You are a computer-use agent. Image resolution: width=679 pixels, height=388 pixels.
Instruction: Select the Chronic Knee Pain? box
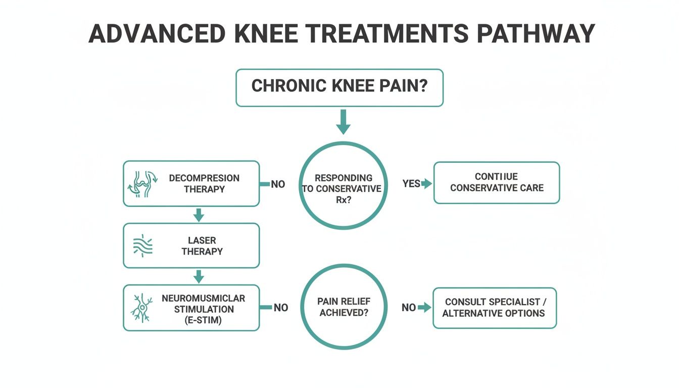[x=339, y=88]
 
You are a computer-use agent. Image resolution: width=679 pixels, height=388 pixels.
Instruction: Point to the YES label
[x=411, y=183]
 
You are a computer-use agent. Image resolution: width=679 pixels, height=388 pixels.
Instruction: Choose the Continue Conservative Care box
[x=497, y=183]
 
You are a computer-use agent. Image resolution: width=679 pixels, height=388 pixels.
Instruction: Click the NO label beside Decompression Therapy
[x=278, y=184]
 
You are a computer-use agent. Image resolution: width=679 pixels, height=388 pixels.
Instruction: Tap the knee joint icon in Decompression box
[x=144, y=184]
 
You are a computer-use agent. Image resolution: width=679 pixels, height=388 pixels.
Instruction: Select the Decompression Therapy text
[x=204, y=184]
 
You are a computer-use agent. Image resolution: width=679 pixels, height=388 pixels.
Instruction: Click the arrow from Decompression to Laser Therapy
[x=199, y=215]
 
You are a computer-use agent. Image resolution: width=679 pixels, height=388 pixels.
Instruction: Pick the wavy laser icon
[x=143, y=246]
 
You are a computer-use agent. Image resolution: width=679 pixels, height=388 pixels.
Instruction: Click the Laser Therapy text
[x=202, y=246]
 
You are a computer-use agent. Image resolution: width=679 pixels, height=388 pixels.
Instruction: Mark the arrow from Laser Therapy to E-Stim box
[x=199, y=276]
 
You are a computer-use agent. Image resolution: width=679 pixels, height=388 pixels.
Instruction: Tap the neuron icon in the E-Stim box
[x=143, y=308]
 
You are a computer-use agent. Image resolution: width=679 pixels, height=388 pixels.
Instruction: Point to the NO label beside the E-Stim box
[x=280, y=308]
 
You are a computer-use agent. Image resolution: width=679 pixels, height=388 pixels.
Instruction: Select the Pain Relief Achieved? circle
[x=344, y=307]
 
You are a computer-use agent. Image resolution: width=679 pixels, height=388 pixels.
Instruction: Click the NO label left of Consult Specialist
[x=409, y=307]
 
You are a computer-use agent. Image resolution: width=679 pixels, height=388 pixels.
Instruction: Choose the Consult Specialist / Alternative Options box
[x=495, y=308]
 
